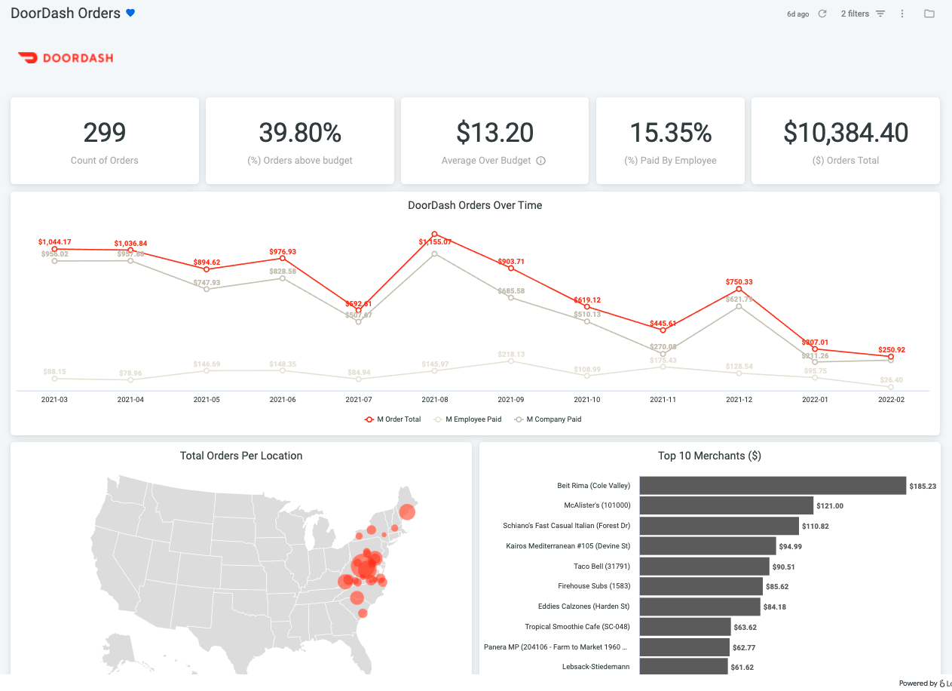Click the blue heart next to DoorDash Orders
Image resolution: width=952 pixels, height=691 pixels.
click(130, 13)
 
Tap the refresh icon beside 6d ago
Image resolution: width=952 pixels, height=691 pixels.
click(822, 14)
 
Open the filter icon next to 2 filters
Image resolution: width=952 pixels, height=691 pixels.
click(880, 14)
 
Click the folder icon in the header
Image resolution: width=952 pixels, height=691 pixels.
click(929, 14)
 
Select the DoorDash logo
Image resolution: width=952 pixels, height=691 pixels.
click(65, 57)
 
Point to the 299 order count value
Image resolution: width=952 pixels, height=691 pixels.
click(105, 133)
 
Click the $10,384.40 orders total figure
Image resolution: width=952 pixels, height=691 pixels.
click(846, 133)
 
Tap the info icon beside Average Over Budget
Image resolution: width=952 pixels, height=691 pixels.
click(540, 161)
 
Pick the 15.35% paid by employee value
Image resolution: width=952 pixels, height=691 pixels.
click(671, 133)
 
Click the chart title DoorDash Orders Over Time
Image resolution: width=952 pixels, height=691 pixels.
click(475, 205)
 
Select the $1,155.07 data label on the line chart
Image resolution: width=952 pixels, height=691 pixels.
click(435, 242)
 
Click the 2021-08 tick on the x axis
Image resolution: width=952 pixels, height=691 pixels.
click(435, 399)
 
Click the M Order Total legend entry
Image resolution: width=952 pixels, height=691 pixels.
click(393, 419)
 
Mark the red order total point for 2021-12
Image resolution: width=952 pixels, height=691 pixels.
click(739, 289)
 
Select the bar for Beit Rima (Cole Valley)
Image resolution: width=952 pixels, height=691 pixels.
click(772, 486)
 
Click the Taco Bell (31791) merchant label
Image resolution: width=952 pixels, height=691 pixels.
click(602, 566)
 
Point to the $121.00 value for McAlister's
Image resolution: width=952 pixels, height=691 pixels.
click(829, 506)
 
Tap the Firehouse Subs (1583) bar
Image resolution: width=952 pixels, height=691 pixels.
click(701, 586)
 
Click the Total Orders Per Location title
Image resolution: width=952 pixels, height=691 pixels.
click(241, 456)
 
